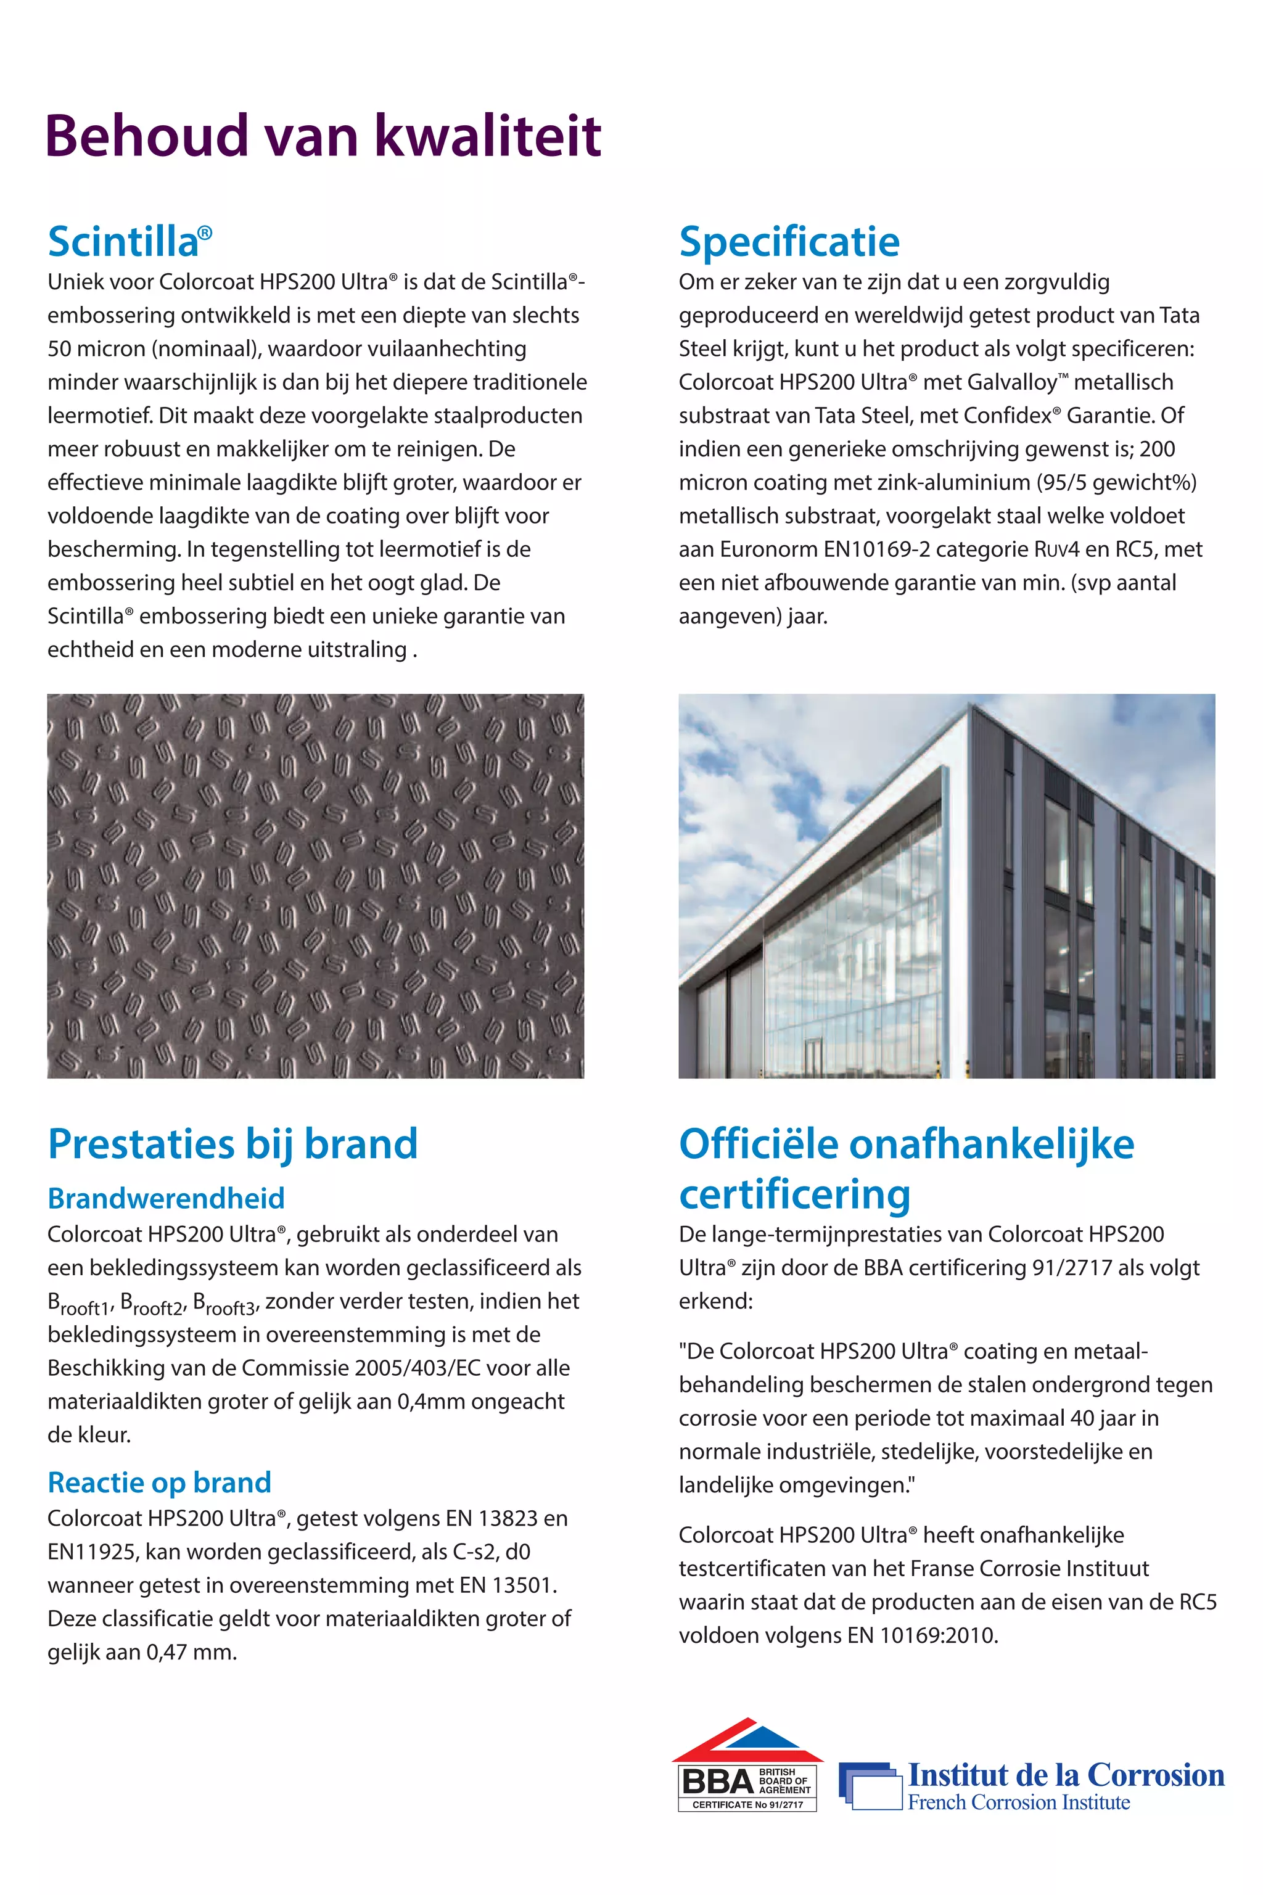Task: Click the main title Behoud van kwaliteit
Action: point(323,135)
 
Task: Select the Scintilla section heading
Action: point(129,242)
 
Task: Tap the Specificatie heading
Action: point(789,242)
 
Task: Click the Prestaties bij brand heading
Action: point(232,1144)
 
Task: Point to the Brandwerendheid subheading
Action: point(166,1198)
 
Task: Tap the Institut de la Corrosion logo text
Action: point(1065,1775)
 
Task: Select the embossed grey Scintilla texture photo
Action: point(315,886)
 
